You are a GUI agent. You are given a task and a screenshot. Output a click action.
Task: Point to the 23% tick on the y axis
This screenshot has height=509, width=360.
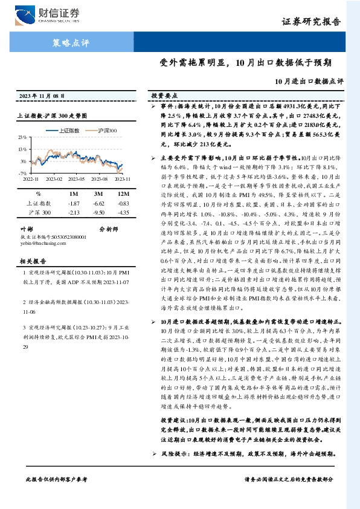tap(22, 137)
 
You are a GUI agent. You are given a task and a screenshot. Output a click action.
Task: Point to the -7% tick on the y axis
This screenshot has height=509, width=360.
tap(22, 173)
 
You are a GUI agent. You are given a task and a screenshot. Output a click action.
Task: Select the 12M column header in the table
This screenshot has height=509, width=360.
tap(123, 193)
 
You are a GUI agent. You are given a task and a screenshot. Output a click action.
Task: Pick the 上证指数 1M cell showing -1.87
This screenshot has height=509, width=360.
tap(74, 203)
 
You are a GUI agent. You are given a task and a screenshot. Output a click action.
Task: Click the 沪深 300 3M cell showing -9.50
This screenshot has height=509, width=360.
tap(99, 213)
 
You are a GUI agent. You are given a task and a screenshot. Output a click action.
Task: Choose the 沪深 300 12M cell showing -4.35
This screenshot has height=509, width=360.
tap(123, 213)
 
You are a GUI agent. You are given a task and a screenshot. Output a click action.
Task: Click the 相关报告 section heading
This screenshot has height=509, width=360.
tap(30, 261)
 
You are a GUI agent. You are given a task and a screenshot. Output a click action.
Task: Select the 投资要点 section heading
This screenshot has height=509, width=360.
tap(164, 96)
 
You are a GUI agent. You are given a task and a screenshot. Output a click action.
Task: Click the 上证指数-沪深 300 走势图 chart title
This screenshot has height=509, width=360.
tap(53, 115)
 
